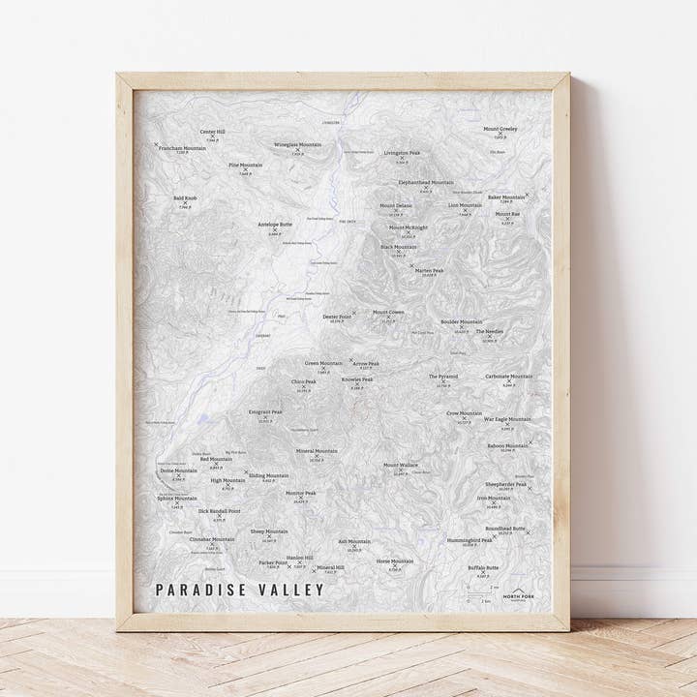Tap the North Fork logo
click(522, 592)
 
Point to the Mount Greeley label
click(500, 129)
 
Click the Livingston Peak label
click(402, 153)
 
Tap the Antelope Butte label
click(274, 225)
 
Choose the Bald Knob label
click(185, 198)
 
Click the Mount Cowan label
click(388, 313)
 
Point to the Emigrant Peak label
click(265, 411)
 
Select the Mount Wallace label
click(401, 465)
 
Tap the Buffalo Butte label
click(483, 567)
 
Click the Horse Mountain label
click(394, 561)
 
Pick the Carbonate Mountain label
click(508, 376)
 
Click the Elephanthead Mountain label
click(426, 182)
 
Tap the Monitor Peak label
click(301, 493)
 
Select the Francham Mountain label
click(181, 147)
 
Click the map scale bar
click(481, 590)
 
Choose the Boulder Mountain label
click(461, 321)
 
